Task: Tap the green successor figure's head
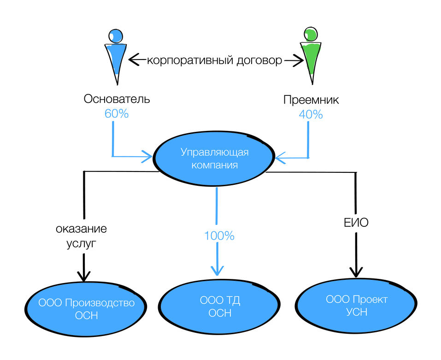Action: point(310,34)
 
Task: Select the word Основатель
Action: point(117,100)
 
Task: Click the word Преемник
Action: point(311,100)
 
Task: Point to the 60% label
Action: point(117,114)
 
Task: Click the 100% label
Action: point(219,236)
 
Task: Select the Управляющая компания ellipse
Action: point(215,159)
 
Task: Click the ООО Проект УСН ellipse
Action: point(356,306)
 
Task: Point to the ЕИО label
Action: point(356,224)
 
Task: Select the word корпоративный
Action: point(189,60)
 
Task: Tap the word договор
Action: point(258,60)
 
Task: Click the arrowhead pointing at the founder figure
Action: point(134,59)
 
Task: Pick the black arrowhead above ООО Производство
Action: point(83,276)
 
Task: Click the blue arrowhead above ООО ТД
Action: point(217,271)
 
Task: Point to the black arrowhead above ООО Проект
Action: point(356,272)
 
